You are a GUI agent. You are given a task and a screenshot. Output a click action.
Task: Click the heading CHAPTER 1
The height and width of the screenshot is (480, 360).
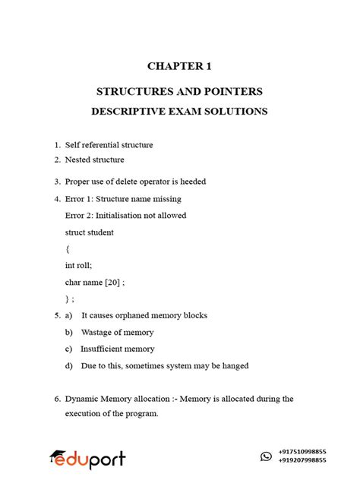coord(179,66)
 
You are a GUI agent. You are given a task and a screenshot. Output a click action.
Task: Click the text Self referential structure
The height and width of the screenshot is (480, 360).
coord(109,144)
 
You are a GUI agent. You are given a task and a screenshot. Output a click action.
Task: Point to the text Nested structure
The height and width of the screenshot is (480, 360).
coord(94,159)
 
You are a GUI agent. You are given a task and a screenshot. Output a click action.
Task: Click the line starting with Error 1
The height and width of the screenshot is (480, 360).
coord(123,199)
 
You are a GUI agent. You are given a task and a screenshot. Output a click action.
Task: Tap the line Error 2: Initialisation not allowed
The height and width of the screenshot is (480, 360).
coord(125,215)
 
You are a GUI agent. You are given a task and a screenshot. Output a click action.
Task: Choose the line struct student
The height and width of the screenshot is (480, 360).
coord(90,232)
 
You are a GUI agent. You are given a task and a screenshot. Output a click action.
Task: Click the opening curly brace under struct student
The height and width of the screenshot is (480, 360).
coord(68,248)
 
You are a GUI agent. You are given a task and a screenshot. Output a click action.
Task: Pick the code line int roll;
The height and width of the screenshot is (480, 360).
coord(79,265)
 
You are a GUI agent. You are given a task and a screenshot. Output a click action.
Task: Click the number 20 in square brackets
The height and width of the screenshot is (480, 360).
coord(112,282)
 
